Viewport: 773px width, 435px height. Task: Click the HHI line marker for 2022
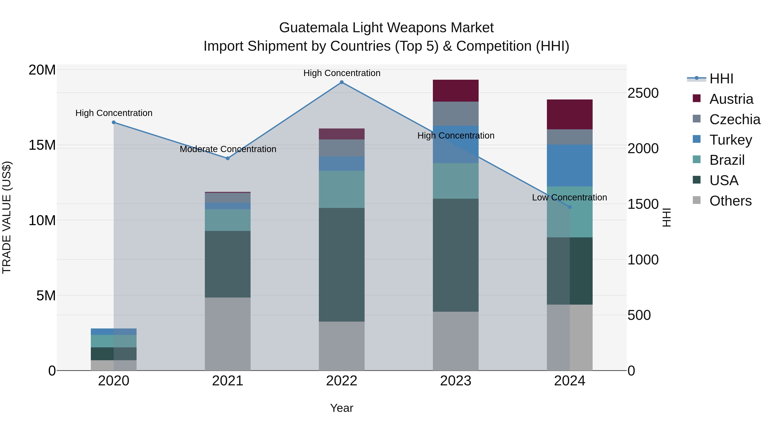[x=341, y=82]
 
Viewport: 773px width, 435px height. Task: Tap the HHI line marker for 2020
[x=114, y=122]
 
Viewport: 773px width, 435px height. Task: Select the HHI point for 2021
[x=228, y=158]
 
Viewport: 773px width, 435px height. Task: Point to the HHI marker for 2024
[x=569, y=207]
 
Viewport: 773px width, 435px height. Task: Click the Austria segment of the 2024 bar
[x=569, y=114]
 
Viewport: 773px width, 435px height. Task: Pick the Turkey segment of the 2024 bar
[x=569, y=165]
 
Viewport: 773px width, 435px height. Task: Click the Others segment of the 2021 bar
[x=228, y=334]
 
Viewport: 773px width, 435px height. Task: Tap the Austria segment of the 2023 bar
[x=455, y=91]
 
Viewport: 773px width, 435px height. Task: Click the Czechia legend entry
[x=735, y=119]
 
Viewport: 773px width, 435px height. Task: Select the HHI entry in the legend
[x=721, y=79]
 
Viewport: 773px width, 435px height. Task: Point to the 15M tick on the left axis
[x=42, y=145]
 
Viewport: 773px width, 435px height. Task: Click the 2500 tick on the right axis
[x=643, y=93]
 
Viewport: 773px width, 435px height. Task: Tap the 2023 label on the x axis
[x=455, y=381]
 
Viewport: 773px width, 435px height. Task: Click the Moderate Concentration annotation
[x=228, y=149]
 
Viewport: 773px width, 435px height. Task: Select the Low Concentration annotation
[x=569, y=198]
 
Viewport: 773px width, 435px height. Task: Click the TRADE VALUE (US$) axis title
[x=7, y=217]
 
